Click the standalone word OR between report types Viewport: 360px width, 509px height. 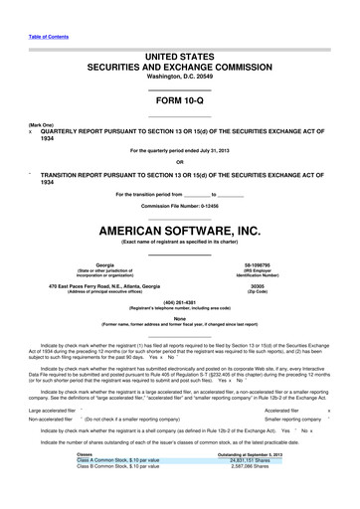click(179, 161)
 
